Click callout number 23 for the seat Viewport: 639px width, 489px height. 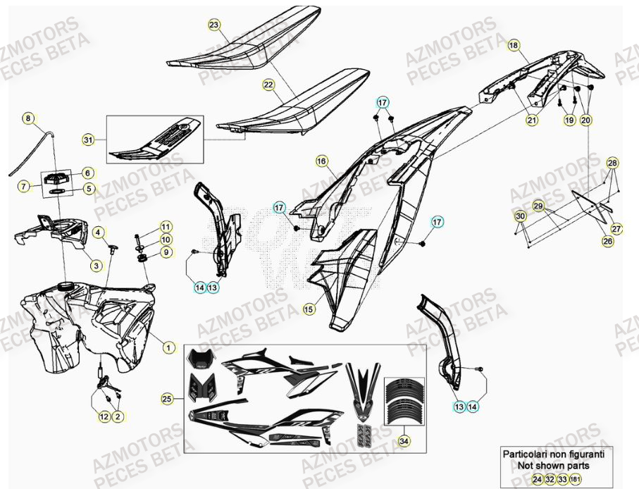214,25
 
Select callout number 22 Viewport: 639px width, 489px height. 268,85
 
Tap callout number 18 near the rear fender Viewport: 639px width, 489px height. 513,45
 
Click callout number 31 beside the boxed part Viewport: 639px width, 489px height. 87,140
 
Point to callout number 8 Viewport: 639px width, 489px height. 28,118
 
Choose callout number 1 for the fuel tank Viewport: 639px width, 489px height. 168,347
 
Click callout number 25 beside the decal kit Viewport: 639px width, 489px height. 167,399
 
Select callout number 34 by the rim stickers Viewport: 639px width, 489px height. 403,442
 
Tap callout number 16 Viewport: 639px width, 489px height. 321,161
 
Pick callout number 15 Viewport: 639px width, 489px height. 309,309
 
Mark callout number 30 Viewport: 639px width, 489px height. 520,216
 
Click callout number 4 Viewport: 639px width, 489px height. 99,233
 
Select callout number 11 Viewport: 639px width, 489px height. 166,226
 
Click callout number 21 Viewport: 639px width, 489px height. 531,120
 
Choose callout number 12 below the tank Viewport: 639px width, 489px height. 104,416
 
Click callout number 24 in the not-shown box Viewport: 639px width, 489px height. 538,479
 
